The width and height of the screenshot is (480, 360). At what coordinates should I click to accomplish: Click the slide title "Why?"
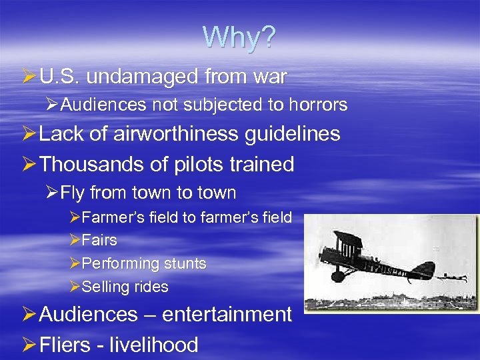click(239, 38)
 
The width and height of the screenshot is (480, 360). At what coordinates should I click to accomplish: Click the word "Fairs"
click(99, 240)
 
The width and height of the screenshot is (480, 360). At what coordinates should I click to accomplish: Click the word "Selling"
click(103, 287)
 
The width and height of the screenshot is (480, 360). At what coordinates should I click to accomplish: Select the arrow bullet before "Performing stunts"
click(75, 264)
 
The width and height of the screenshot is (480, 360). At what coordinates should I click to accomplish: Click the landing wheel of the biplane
click(339, 275)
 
